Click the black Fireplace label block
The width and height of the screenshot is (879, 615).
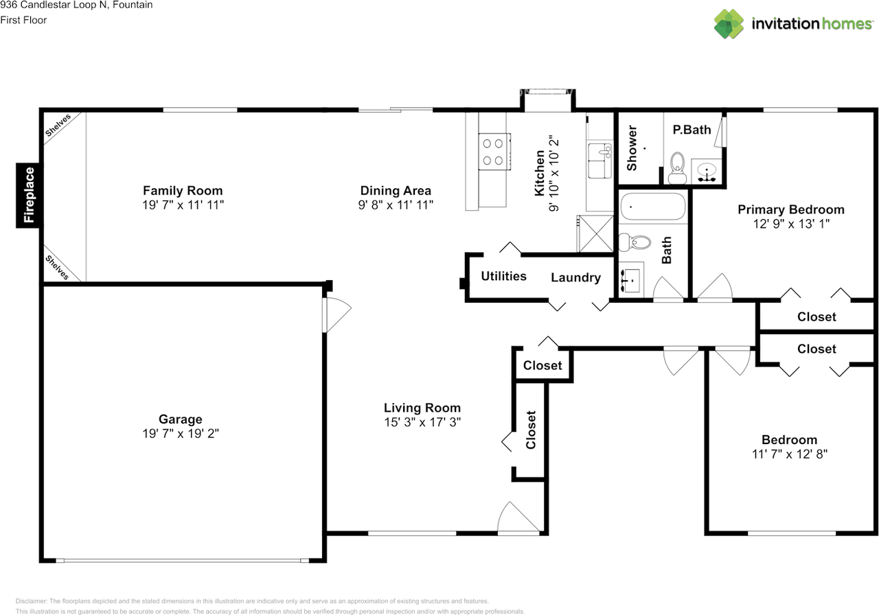pyautogui.click(x=27, y=195)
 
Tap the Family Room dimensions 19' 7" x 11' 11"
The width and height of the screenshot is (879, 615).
pyautogui.click(x=183, y=205)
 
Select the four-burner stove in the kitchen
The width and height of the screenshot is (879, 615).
pyautogui.click(x=494, y=152)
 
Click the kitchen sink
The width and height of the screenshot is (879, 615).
pyautogui.click(x=600, y=161)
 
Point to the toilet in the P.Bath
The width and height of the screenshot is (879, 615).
pyautogui.click(x=677, y=168)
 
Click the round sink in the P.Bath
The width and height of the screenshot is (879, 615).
pyautogui.click(x=707, y=172)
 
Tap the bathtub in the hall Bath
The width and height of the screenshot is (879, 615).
pyautogui.click(x=653, y=207)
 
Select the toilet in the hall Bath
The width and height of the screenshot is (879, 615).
pyautogui.click(x=635, y=242)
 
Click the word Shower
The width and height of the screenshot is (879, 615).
pyautogui.click(x=632, y=148)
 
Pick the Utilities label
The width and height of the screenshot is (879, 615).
pyautogui.click(x=504, y=276)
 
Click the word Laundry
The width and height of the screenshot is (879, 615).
pyautogui.click(x=575, y=278)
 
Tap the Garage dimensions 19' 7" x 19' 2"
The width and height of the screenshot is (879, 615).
pyautogui.click(x=181, y=433)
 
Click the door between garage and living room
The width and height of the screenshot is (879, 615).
pyautogui.click(x=336, y=315)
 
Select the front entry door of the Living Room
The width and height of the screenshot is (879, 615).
pyautogui.click(x=518, y=518)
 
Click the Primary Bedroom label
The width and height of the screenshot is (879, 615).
pyautogui.click(x=791, y=209)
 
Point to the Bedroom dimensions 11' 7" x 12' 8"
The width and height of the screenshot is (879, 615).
pyautogui.click(x=790, y=454)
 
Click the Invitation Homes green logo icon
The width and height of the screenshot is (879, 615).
pyautogui.click(x=729, y=24)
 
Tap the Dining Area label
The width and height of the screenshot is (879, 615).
pyautogui.click(x=396, y=191)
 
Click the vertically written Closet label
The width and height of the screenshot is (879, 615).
pyautogui.click(x=531, y=430)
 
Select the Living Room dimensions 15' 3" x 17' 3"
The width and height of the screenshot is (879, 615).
pyautogui.click(x=422, y=422)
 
